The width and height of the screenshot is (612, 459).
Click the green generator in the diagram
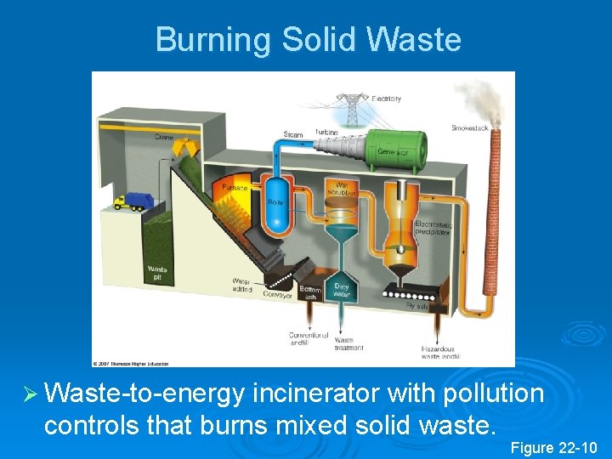click(394, 149)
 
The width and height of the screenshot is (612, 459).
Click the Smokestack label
click(469, 128)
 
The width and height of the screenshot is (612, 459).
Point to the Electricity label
click(387, 99)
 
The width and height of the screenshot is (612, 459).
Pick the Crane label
click(164, 136)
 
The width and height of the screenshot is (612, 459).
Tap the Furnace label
click(235, 187)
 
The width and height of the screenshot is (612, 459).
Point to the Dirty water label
click(342, 289)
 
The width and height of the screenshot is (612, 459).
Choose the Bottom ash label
click(309, 293)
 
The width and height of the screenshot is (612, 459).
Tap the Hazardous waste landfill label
click(440, 352)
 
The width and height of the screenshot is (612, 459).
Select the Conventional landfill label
click(303, 338)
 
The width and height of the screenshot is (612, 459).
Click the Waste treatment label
click(348, 344)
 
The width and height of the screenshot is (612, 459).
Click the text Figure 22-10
click(554, 448)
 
